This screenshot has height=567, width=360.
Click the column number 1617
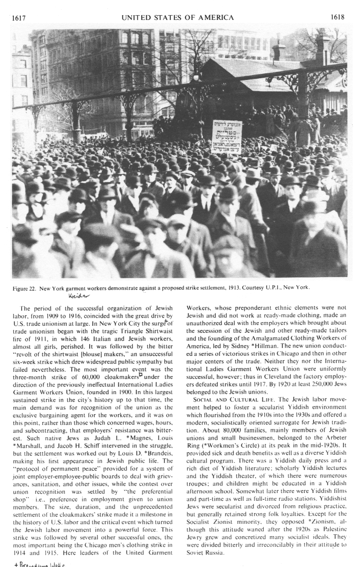pyautogui.click(x=18, y=18)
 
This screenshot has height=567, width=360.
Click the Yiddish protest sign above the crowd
pyautogui.click(x=227, y=137)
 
